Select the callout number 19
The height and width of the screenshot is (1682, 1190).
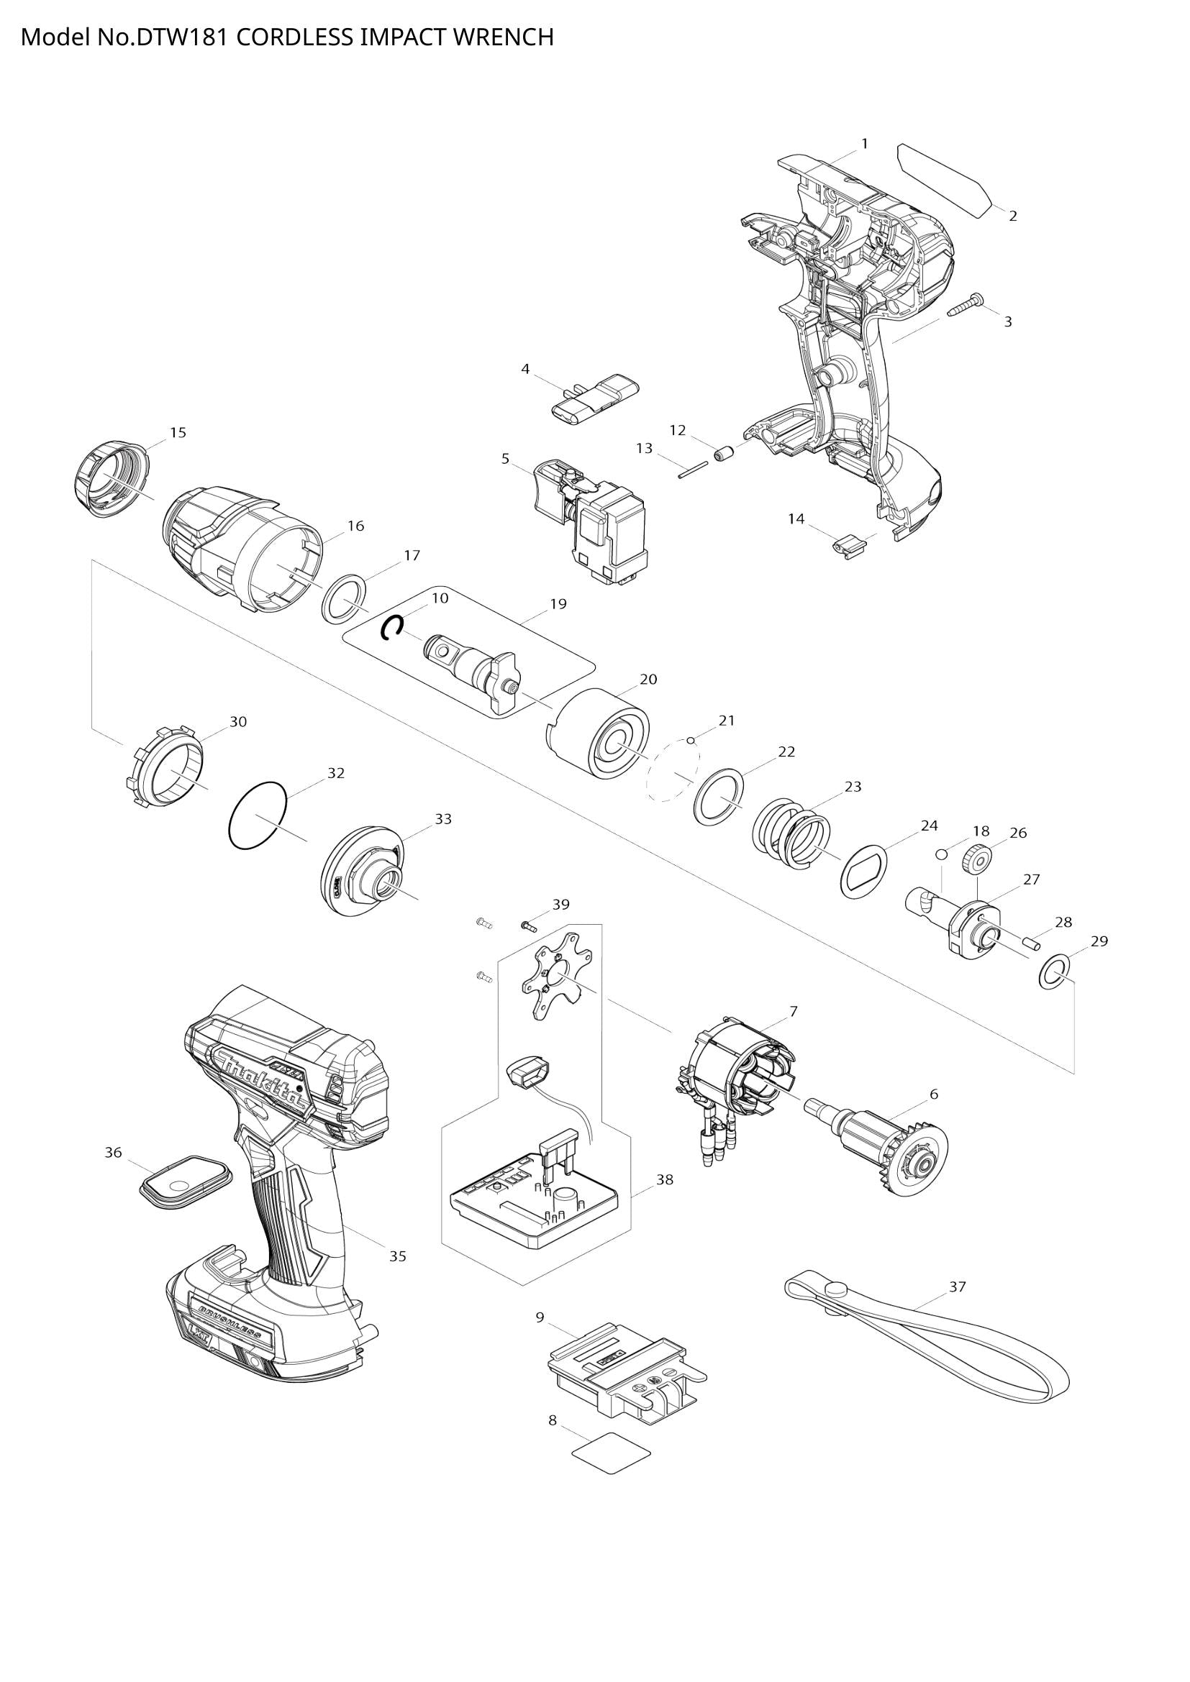coord(558,604)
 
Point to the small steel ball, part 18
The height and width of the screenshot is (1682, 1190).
coord(942,854)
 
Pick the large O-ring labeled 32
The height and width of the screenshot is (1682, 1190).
coord(257,816)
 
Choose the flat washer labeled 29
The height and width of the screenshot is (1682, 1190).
coord(1053,972)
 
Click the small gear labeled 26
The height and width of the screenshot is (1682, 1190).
coord(975,856)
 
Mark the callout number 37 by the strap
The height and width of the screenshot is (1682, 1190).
coord(957,1287)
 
